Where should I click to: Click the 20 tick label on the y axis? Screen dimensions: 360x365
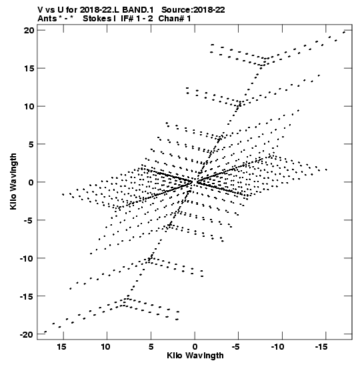click(29, 30)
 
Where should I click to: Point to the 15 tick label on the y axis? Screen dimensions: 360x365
click(29, 68)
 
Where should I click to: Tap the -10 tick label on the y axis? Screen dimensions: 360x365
click(27, 258)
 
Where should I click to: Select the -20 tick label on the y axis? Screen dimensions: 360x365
click(27, 334)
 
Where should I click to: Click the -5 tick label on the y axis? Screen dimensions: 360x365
click(29, 220)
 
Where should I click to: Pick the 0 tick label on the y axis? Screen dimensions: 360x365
click(31, 182)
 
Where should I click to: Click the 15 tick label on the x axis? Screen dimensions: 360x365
click(61, 347)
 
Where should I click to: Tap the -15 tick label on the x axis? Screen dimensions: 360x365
click(321, 347)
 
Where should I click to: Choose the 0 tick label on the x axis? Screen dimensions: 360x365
click(195, 347)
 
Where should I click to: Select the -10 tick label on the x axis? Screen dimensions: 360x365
click(278, 347)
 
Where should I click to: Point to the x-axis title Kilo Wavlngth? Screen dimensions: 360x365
click(195, 356)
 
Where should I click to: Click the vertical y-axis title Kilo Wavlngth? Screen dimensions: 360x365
click(13, 181)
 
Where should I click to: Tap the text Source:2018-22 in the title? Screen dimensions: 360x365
click(193, 10)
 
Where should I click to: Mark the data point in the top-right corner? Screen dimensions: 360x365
click(344, 32)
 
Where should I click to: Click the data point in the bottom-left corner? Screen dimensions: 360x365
click(45, 332)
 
